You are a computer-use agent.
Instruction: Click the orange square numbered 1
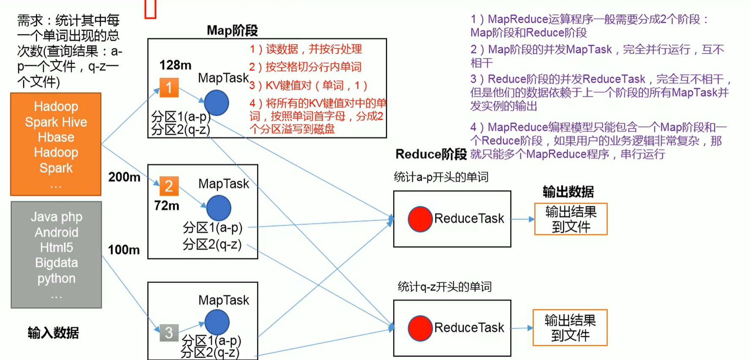169,88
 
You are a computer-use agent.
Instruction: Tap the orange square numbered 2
169,186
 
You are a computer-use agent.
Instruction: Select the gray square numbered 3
169,333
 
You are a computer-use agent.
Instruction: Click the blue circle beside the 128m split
216,103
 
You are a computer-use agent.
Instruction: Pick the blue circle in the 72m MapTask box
219,208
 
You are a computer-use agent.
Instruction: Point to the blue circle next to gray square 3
217,322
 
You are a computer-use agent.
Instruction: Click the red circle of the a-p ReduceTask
420,219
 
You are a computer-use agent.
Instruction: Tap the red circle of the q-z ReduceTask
420,328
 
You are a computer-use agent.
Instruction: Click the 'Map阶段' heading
232,30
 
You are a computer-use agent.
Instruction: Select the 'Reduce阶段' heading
431,154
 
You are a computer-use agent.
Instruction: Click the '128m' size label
175,65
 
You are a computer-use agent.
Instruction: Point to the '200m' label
124,177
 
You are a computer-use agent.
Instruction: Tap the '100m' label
124,250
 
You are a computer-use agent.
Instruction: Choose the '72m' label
166,206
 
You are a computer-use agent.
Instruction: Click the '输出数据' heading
568,192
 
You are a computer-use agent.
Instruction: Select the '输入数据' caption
53,333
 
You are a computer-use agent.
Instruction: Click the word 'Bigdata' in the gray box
57,263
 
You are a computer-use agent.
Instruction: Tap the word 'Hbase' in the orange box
56,137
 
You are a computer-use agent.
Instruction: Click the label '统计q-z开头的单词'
445,287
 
